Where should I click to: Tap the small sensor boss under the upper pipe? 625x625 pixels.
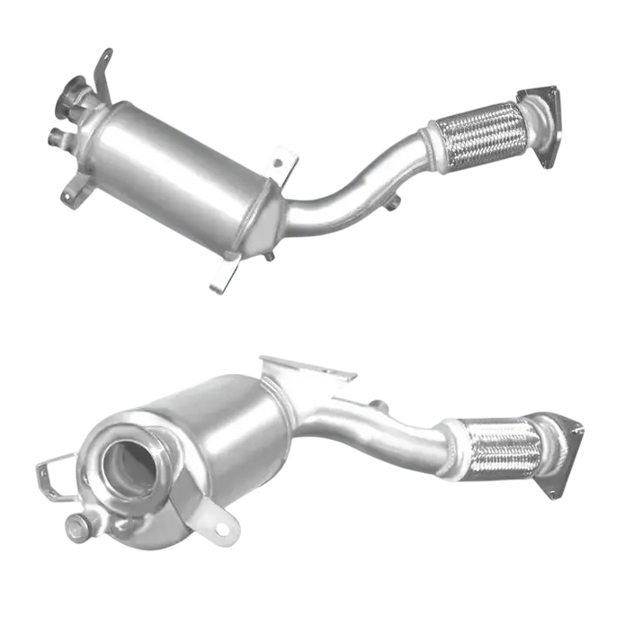(391, 209)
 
